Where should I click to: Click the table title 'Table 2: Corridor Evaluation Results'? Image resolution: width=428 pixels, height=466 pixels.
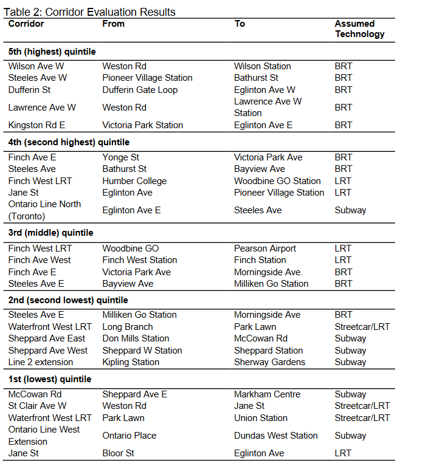89,12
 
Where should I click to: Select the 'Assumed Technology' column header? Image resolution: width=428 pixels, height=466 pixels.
359,29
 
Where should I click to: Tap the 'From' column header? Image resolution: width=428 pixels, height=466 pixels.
113,24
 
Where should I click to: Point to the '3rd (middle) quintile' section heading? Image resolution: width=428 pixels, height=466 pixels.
50,233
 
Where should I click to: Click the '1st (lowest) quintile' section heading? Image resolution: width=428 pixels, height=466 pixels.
50,379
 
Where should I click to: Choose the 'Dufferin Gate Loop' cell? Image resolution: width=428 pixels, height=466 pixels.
140,89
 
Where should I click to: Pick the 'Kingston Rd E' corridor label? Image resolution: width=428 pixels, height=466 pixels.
36,125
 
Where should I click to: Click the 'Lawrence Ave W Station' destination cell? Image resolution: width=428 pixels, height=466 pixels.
267,107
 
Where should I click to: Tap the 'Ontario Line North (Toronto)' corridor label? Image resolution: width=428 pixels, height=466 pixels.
44,210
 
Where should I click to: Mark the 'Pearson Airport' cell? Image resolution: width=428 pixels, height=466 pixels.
265,248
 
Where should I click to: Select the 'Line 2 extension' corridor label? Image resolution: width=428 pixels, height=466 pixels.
41,362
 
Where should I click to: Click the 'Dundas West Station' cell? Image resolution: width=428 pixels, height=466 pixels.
275,436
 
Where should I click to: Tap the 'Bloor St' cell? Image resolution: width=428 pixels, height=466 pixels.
119,453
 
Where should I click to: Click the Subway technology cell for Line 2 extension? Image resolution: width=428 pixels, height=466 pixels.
350,362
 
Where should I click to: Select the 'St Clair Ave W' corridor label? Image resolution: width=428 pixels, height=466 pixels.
38,406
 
